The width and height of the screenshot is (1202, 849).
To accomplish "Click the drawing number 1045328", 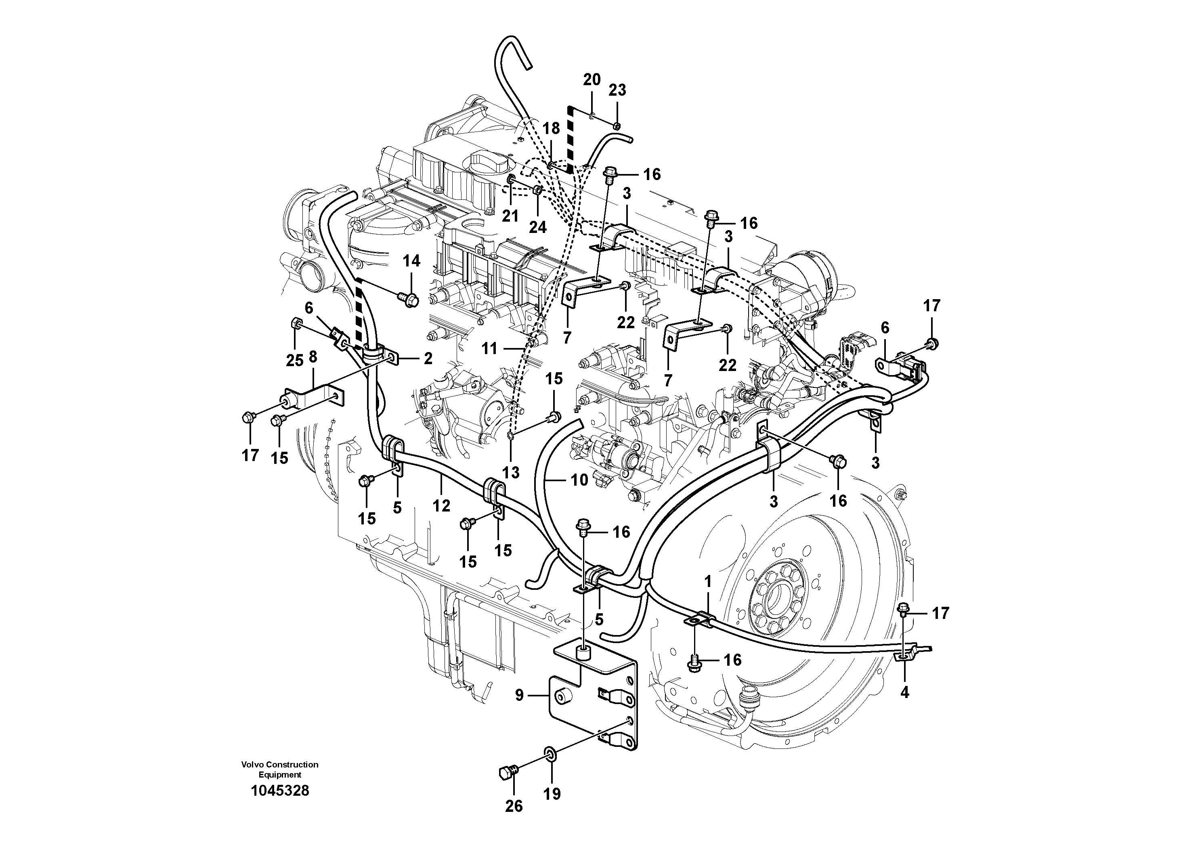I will [280, 790].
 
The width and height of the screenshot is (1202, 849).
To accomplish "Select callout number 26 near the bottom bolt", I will [514, 806].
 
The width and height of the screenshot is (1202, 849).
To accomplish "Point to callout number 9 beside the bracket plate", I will [519, 695].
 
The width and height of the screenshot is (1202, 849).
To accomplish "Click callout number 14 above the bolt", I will [411, 261].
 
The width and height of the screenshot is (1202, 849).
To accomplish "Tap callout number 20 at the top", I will [592, 80].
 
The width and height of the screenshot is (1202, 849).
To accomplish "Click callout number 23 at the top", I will [617, 90].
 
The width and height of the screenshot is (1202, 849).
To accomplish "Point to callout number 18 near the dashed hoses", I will [551, 128].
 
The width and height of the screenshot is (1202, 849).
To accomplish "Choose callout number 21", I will [510, 216].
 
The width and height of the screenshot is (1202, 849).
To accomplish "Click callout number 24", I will [538, 227].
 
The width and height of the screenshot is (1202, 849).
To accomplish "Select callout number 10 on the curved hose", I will [579, 480].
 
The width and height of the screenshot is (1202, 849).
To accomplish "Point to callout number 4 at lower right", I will [905, 692].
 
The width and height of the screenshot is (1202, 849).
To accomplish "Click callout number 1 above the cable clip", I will [708, 581].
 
